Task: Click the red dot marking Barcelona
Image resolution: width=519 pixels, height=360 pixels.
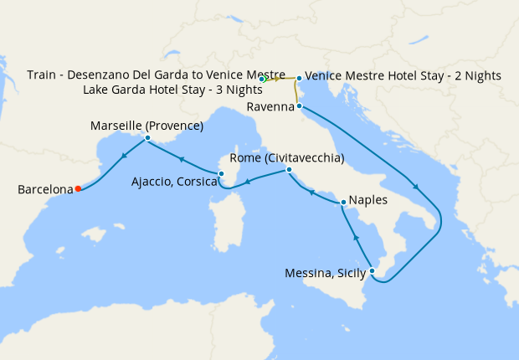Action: pos(77,188)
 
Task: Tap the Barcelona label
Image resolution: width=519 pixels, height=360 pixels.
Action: pos(45,190)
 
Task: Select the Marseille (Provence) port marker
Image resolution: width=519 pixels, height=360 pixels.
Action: pos(147,138)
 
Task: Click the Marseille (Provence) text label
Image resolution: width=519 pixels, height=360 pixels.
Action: pos(146,126)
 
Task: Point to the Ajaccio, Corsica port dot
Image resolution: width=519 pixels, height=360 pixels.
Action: pos(220,174)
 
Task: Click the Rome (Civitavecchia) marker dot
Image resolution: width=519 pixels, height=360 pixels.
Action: pos(288,170)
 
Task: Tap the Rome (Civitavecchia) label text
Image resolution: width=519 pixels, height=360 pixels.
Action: pos(287,158)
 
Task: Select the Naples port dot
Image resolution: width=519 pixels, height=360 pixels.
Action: pos(343,202)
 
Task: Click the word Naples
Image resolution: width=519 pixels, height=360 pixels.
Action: pos(368,202)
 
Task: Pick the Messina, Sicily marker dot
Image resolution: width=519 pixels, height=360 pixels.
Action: pos(372,271)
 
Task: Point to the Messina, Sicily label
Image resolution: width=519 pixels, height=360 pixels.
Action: pos(326,273)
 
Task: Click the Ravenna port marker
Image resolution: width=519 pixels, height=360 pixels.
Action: pos(299,106)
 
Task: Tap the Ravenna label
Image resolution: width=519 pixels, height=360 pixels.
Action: pos(270,107)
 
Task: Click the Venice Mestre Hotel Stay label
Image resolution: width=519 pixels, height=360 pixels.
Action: pos(403,75)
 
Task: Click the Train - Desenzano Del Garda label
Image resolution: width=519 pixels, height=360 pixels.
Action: pos(157,75)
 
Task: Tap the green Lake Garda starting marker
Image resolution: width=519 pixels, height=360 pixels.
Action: pos(262,80)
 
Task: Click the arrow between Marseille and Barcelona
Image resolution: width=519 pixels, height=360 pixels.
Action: pos(125,155)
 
